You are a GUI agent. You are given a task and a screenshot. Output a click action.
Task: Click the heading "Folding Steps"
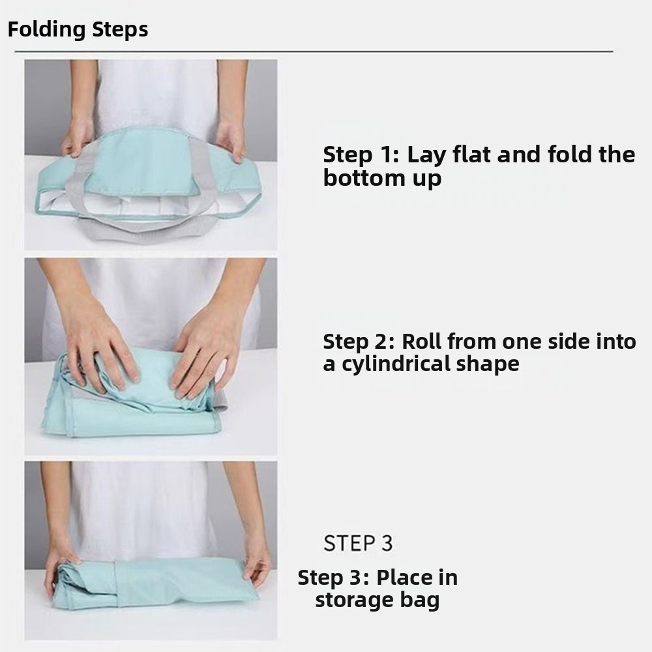(x=78, y=30)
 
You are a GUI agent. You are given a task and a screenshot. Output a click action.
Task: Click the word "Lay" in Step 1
(x=427, y=155)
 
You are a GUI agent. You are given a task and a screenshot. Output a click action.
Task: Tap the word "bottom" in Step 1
(x=363, y=178)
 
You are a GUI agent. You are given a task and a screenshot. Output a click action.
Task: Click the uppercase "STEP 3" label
(x=358, y=543)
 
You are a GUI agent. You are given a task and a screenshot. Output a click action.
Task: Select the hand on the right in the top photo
(x=230, y=140)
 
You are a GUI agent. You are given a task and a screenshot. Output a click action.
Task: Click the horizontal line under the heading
(x=314, y=52)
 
